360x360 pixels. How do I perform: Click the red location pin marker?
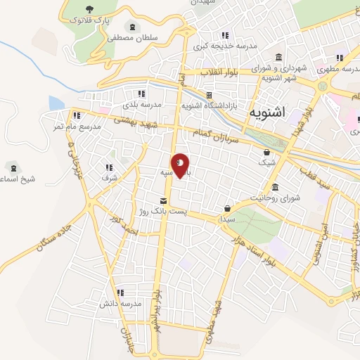point(180,165)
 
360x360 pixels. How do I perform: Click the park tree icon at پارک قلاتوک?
point(89,9)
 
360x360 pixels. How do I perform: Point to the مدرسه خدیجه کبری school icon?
point(225,35)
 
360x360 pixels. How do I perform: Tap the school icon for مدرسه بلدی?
point(141,94)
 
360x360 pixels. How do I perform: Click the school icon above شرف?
point(109,167)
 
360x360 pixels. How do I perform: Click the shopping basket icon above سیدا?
point(228,209)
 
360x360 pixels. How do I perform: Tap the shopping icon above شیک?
point(266,152)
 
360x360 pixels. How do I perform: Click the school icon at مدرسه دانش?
point(120,292)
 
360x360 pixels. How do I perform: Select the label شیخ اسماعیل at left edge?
point(18,179)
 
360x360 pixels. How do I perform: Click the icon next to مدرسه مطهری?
point(340,58)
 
